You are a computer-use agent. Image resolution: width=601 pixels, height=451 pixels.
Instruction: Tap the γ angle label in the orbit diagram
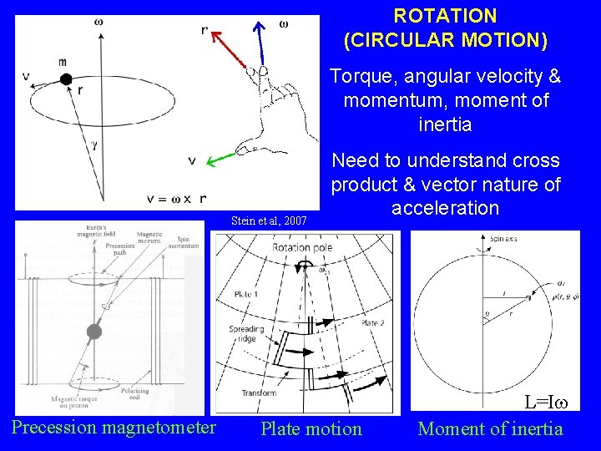(x=95, y=144)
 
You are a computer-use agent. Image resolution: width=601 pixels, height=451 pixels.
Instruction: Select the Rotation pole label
(x=303, y=247)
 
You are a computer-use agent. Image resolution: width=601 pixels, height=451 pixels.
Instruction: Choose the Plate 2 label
(x=372, y=323)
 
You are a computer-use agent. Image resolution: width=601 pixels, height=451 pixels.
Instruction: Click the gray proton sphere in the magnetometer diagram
(x=93, y=331)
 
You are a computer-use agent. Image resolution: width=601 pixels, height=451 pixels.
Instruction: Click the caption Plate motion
(x=311, y=429)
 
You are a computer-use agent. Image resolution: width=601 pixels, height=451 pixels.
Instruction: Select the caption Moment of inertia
(x=490, y=429)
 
